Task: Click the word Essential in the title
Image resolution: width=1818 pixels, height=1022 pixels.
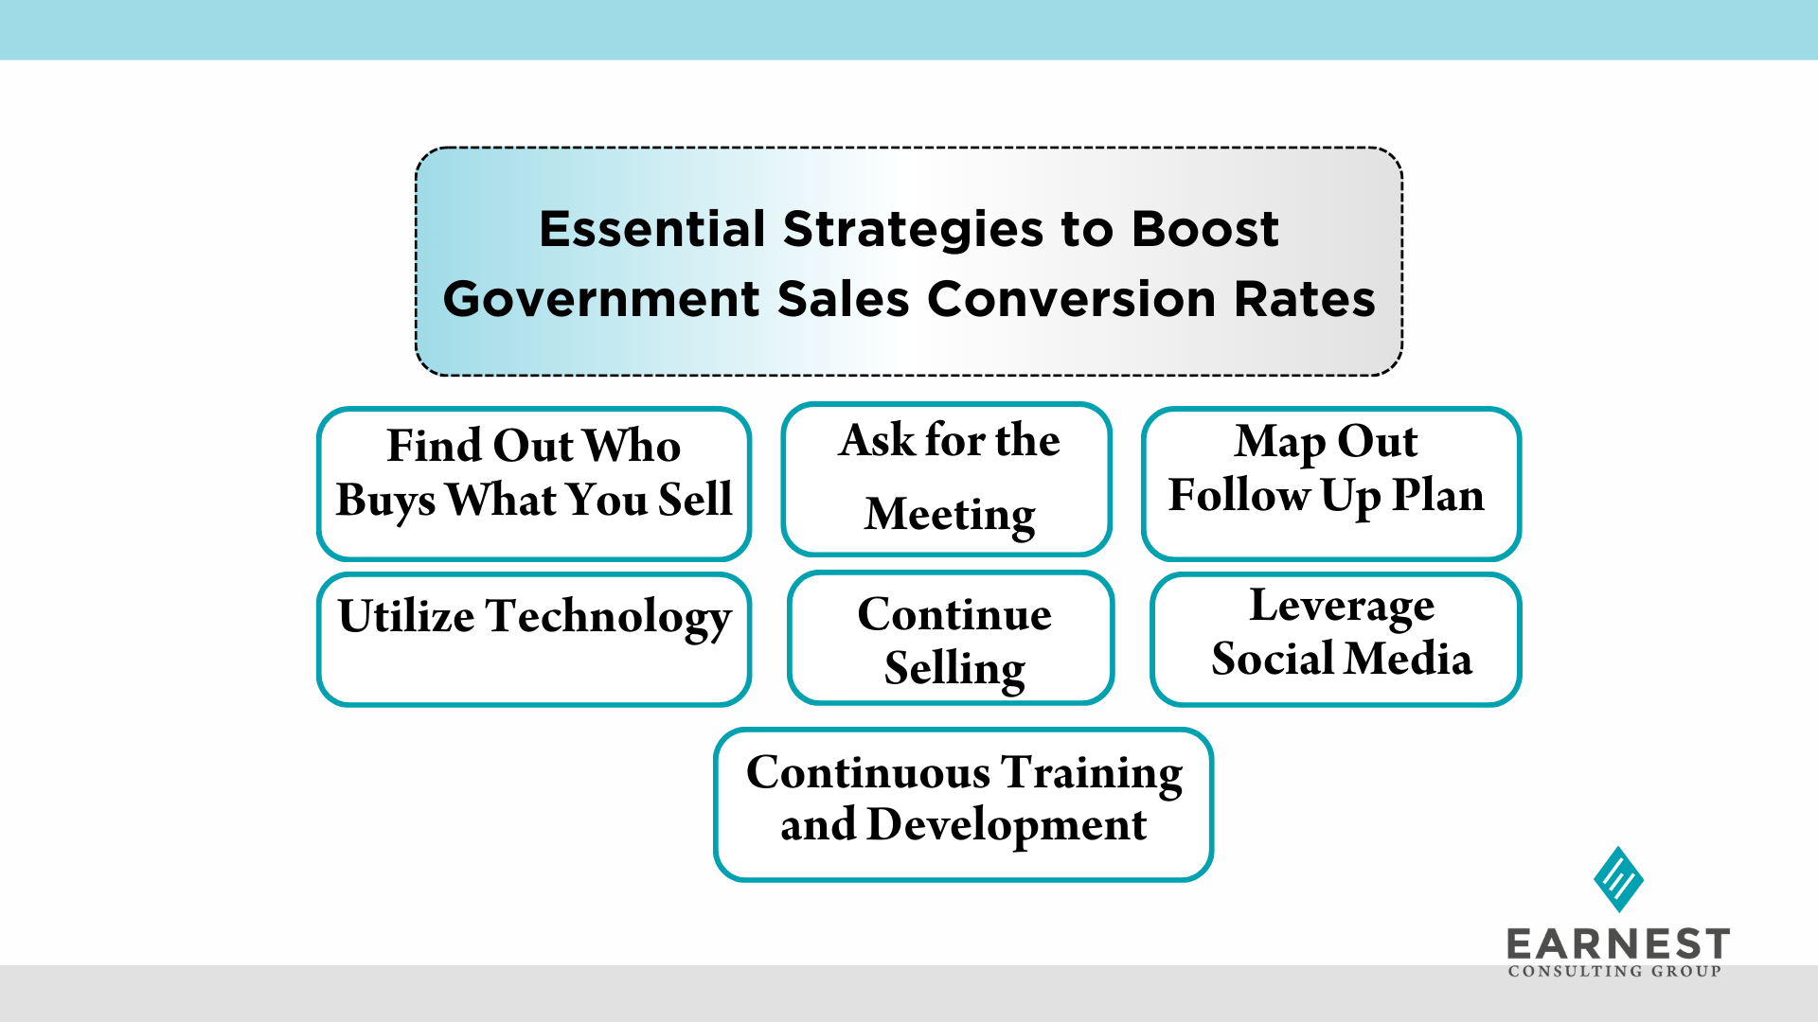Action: pyautogui.click(x=652, y=229)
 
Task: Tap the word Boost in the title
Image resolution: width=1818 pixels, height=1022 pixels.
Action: pyautogui.click(x=1205, y=229)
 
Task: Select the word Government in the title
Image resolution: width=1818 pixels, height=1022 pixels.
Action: pyautogui.click(x=602, y=299)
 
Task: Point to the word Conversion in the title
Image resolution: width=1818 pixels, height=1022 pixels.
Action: pyautogui.click(x=1072, y=299)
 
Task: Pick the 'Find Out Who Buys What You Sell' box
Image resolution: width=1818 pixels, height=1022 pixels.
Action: pyautogui.click(x=534, y=484)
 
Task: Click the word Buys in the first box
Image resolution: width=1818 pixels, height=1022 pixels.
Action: pyautogui.click(x=385, y=501)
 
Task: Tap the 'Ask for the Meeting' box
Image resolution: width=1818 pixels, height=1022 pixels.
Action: pyautogui.click(x=947, y=479)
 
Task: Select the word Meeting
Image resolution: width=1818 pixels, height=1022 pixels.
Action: pyautogui.click(x=951, y=516)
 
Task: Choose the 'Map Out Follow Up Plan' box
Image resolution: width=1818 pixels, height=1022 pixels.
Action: pyautogui.click(x=1331, y=484)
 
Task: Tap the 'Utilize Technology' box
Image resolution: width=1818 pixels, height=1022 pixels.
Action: pyautogui.click(x=534, y=639)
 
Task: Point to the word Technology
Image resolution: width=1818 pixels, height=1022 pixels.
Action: pyautogui.click(x=609, y=618)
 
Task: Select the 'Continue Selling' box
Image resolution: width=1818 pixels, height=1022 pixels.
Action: pyautogui.click(x=951, y=638)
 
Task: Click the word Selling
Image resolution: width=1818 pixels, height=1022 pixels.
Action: pyautogui.click(x=954, y=669)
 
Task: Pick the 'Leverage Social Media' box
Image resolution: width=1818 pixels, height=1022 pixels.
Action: pyautogui.click(x=1336, y=639)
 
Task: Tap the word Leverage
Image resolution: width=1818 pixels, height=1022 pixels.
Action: pyautogui.click(x=1342, y=608)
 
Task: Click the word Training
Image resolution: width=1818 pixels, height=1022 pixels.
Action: pyautogui.click(x=1093, y=774)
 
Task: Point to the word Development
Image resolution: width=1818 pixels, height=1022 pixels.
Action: pyautogui.click(x=1007, y=825)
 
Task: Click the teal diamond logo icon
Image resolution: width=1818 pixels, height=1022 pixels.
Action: pyautogui.click(x=1618, y=879)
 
